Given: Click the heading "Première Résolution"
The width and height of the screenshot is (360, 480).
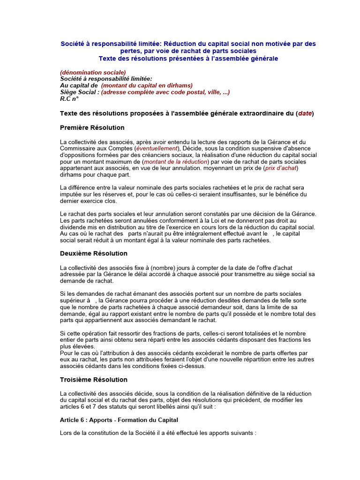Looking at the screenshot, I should [92, 127].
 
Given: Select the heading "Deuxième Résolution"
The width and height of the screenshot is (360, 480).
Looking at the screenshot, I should [94, 254].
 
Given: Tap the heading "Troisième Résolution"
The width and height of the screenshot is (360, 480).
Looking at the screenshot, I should [94, 380].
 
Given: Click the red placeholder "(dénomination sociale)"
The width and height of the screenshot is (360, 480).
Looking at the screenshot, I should [93, 72].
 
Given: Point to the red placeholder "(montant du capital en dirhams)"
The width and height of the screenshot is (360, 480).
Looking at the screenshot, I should [147, 85].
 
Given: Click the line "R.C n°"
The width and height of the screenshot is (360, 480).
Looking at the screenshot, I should [69, 99].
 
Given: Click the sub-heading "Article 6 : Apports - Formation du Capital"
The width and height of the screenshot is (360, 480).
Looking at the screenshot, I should [119, 420].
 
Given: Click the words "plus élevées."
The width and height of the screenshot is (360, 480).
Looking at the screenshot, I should [77, 346].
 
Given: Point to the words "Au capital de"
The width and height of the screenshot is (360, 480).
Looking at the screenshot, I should [79, 85].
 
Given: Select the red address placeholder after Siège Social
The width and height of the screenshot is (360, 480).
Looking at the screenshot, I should [165, 92].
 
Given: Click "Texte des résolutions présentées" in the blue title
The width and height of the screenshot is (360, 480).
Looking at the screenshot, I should [148, 59].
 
